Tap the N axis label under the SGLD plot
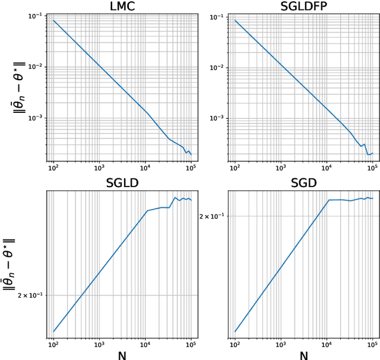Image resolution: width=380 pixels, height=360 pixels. tap(122, 355)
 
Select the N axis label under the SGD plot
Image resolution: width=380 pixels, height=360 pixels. tap(303, 355)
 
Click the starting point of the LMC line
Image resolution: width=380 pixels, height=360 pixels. tap(53, 21)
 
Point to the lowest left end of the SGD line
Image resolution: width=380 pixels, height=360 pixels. tap(235, 331)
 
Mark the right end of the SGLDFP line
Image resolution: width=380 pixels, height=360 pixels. tap(373, 153)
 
